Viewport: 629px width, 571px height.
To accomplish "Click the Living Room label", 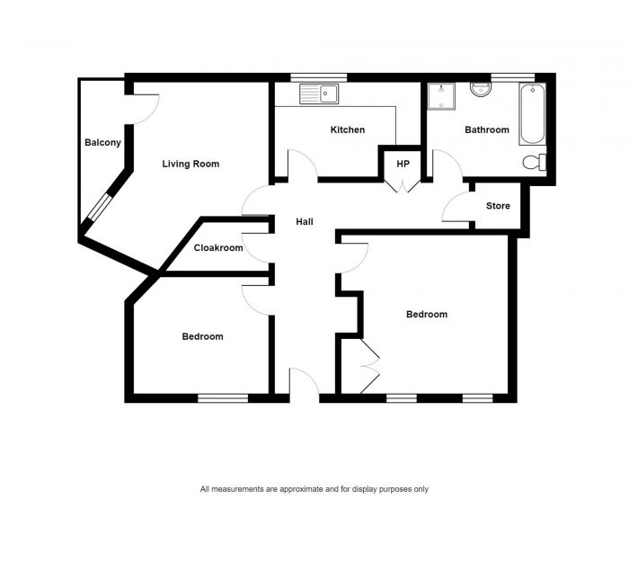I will click(190, 164).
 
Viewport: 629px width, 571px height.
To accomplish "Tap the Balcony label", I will click(102, 143).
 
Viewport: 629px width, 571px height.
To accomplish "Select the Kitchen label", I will click(347, 130).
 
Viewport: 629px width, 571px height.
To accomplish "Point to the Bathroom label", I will click(486, 130).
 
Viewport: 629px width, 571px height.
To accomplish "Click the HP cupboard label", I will click(403, 164).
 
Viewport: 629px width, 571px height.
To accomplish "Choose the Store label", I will click(498, 206).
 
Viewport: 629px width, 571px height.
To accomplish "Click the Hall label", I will click(304, 221).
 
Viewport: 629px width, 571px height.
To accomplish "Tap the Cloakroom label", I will click(218, 248).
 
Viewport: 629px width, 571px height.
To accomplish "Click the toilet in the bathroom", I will click(535, 162).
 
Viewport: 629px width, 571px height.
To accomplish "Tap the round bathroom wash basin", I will click(479, 89).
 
